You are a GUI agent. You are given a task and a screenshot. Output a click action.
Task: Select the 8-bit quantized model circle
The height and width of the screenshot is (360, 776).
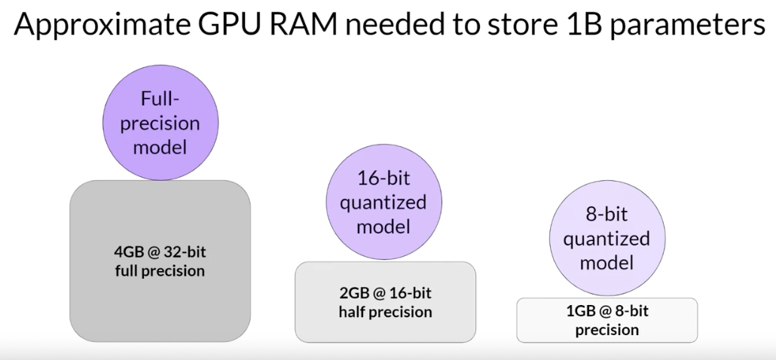coord(606,238)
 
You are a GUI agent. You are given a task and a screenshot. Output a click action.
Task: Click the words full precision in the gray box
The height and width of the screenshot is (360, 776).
coord(160,270)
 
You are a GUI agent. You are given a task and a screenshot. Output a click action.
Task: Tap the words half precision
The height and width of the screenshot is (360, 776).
coord(385,311)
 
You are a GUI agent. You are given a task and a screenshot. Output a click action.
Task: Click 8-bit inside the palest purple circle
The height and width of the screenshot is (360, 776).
coord(606,215)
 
